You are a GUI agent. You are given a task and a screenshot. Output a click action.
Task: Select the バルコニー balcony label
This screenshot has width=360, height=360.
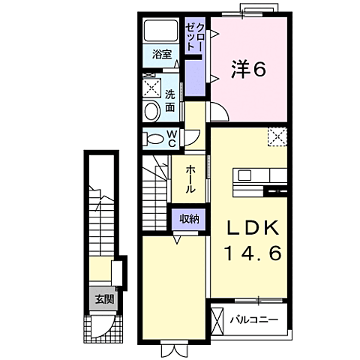coord(253,319)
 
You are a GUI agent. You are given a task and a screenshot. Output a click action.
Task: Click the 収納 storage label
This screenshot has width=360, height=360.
coord(189,219)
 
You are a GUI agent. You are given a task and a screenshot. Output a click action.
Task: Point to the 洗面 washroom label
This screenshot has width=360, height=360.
coord(170,101)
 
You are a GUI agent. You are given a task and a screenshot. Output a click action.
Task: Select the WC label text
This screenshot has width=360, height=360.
coord(171,138)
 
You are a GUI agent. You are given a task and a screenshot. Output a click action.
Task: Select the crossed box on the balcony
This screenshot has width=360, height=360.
coord(219,319)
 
